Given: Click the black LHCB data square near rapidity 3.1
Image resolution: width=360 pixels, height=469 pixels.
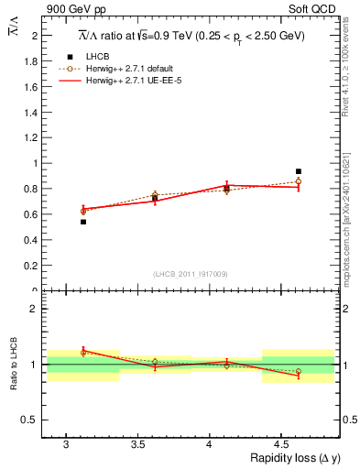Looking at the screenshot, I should (83, 222).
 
